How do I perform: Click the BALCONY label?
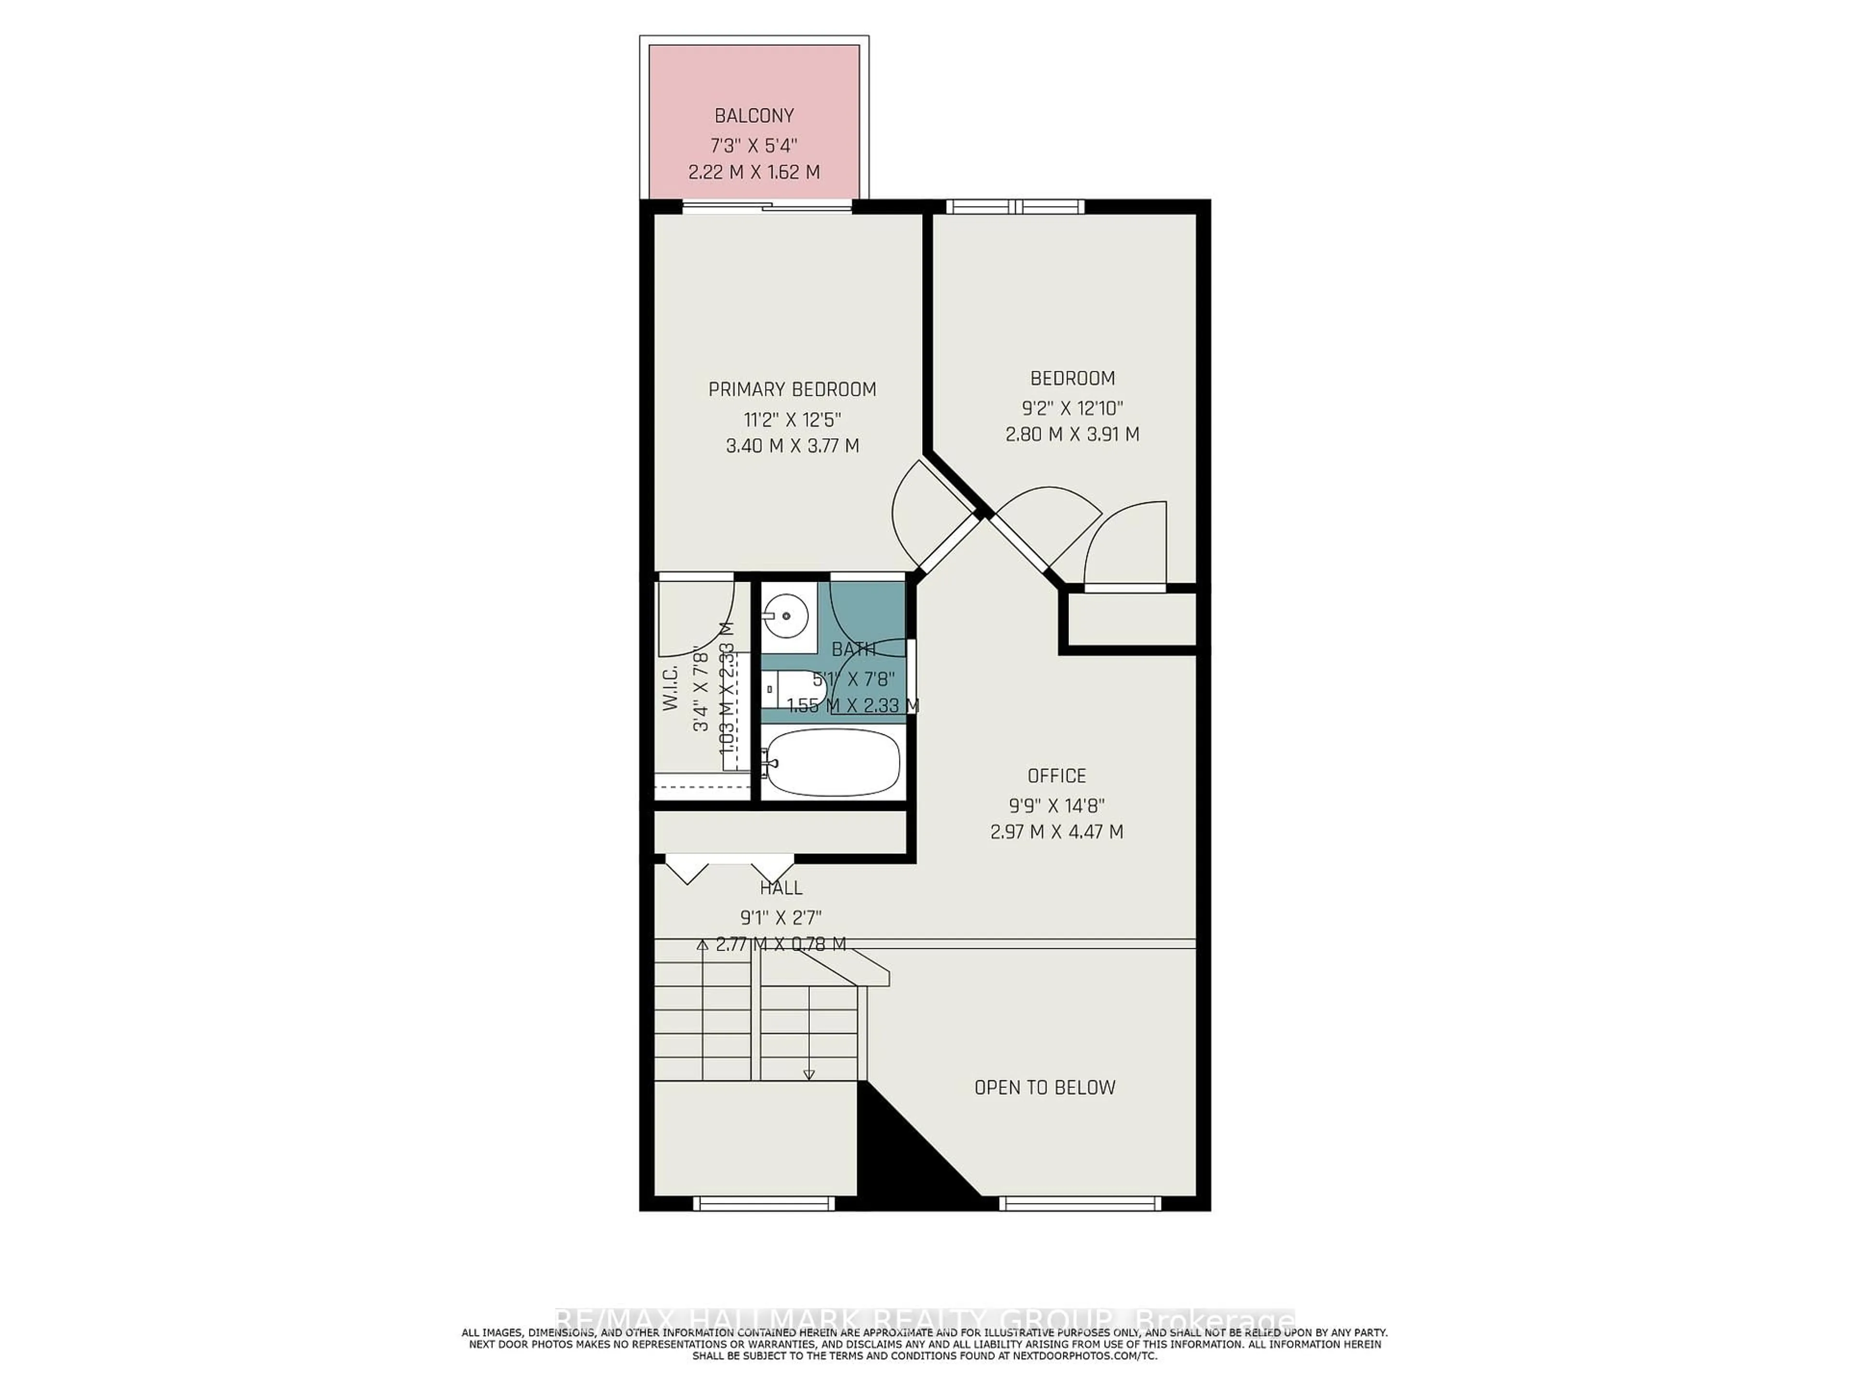point(753,116)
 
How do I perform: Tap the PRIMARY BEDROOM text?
point(792,390)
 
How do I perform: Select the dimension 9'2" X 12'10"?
point(1072,408)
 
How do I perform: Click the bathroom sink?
point(786,616)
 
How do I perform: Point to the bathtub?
point(832,761)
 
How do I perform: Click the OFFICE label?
point(1057,776)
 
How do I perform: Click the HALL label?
point(781,888)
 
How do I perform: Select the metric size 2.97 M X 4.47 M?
point(1057,832)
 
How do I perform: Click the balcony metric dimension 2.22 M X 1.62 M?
point(753,172)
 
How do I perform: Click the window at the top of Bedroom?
point(1015,207)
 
